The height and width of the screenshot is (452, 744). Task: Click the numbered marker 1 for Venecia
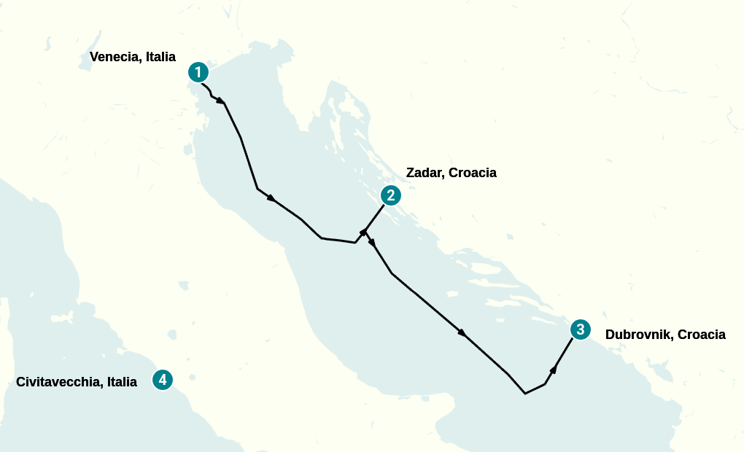pos(198,72)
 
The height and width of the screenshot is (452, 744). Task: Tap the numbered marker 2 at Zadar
pos(391,195)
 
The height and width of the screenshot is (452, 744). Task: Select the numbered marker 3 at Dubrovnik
pos(580,330)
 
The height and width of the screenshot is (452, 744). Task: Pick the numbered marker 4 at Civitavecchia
pos(163,380)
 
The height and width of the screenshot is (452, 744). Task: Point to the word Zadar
pos(425,173)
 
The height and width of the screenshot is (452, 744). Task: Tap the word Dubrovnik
pos(638,335)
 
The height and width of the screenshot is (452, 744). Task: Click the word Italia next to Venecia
pos(160,57)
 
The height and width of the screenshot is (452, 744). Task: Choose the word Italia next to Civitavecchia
pos(122,381)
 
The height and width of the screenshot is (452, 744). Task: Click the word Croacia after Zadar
pos(473,173)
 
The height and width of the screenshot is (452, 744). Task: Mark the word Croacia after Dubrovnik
pos(702,335)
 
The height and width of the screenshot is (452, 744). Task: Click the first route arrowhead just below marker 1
pos(220,100)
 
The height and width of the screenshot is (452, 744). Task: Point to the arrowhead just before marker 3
pos(554,370)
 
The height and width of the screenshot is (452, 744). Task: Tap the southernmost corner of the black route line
pos(525,394)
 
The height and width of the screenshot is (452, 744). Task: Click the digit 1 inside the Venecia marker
pos(198,72)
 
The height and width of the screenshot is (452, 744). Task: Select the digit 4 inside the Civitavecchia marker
pos(163,380)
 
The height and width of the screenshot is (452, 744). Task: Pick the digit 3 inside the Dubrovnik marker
pos(580,330)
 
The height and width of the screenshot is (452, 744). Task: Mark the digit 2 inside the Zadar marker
pos(391,195)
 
